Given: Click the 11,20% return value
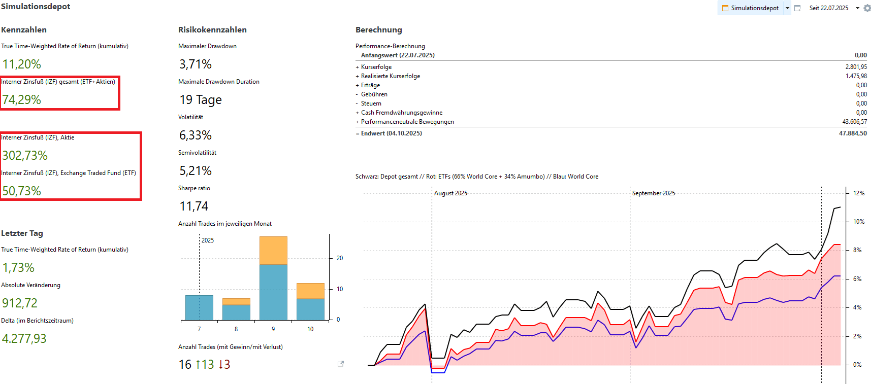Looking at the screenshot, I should point(22,64).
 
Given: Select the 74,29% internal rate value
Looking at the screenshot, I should point(22,100).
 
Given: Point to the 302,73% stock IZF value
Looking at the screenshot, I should point(25,156).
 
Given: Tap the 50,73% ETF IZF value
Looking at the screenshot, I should point(22,191).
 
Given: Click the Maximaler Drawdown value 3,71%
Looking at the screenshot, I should point(196,64).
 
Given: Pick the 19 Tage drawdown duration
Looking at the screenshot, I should point(201,100).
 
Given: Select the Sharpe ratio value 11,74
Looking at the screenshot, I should point(194,206).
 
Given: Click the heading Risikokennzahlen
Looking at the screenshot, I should point(212,30).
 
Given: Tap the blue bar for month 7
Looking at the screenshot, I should point(199,307).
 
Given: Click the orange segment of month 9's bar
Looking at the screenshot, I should point(273,251).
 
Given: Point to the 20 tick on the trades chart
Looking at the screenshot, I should point(340,258).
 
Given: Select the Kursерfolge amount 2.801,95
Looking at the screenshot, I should point(856,67).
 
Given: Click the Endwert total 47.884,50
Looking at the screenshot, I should point(853,133).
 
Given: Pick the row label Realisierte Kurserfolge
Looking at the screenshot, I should point(391,76).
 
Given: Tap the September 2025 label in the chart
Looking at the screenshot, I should point(654,193).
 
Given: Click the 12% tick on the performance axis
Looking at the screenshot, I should point(859,193).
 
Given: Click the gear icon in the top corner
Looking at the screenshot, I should point(867,8).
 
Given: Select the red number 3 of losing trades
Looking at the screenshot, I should point(224,365).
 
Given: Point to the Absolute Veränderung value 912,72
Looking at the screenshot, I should point(20,303).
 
